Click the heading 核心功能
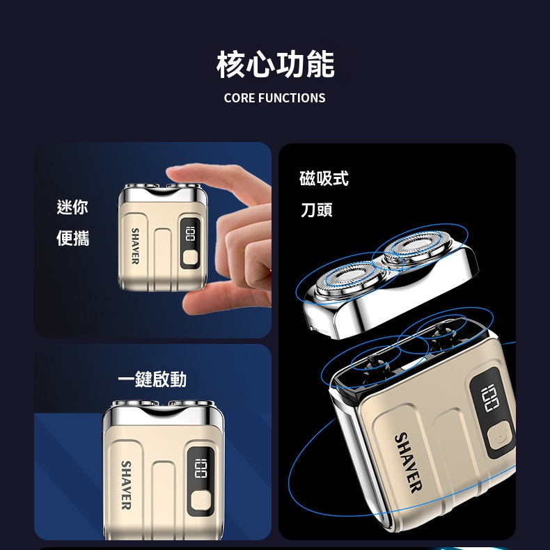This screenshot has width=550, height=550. tap(275, 64)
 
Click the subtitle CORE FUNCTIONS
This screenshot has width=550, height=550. tap(274, 98)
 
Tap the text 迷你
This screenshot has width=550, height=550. tap(72, 207)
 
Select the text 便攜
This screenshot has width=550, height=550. tap(72, 239)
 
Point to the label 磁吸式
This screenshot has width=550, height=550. tap(324, 179)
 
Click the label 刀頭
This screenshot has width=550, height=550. tap(317, 210)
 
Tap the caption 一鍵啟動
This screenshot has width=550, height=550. tap(152, 379)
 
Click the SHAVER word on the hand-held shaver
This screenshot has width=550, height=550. tap(135, 246)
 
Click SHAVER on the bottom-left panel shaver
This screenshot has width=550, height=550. tap(126, 484)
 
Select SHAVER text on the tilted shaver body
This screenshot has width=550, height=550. tap(407, 462)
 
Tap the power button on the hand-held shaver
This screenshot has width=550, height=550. tap(188, 259)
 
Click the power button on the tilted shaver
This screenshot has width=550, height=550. tap(498, 437)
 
